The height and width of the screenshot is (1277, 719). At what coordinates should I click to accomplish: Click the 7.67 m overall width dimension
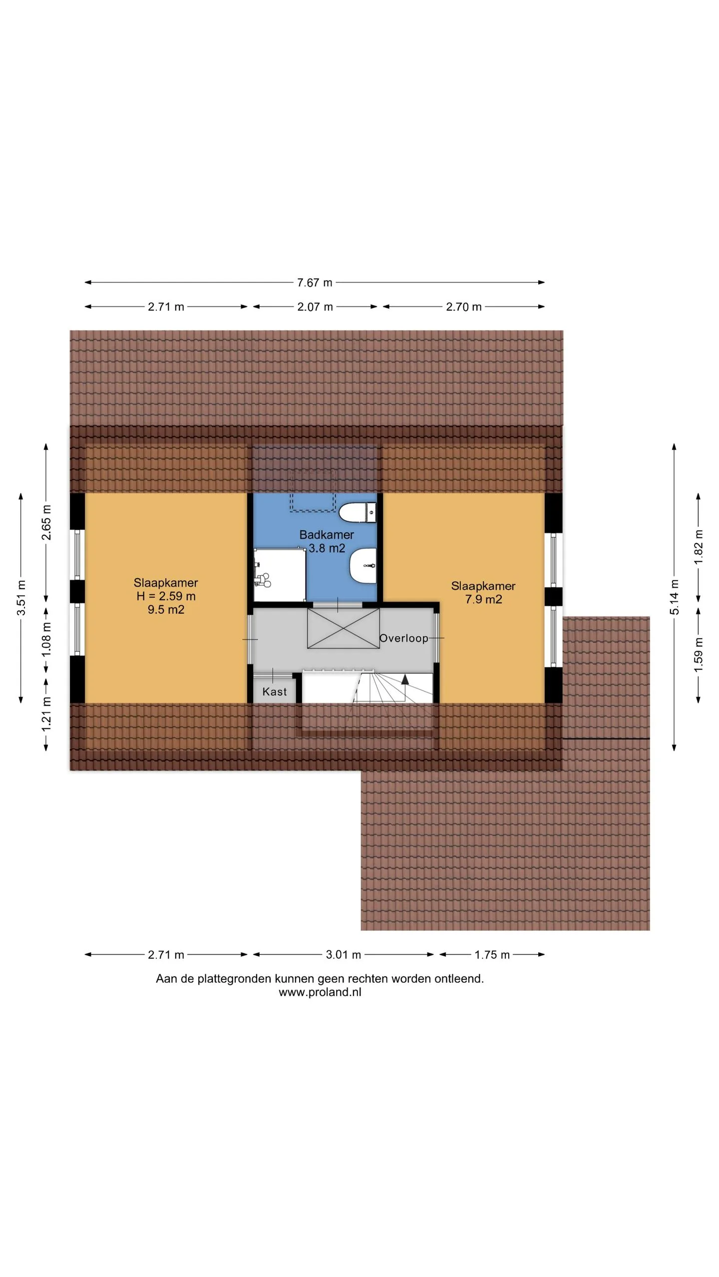click(315, 283)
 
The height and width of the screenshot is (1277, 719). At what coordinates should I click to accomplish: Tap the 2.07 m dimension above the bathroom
click(315, 307)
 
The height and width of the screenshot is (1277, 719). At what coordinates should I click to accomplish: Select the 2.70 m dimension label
click(463, 307)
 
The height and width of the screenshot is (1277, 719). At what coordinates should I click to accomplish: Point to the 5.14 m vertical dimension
click(674, 597)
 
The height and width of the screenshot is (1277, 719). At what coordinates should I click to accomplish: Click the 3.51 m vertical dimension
click(21, 598)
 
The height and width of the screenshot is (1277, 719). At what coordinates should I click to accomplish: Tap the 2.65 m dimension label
click(46, 522)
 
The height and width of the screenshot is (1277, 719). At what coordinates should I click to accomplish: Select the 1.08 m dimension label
click(46, 639)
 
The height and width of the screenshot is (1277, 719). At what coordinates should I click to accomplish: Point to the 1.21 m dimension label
click(46, 714)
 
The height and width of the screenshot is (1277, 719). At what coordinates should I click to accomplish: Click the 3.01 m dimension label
click(343, 955)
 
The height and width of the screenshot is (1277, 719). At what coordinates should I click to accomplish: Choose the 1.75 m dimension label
click(492, 955)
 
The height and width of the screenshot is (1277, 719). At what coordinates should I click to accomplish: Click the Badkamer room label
click(327, 535)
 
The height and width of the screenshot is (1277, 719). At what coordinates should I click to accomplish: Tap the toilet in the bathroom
click(358, 512)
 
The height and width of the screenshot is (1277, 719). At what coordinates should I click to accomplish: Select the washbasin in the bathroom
click(363, 566)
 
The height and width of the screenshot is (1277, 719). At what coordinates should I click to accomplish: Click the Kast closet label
click(275, 691)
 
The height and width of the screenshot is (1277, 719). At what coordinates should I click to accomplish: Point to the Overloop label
click(403, 638)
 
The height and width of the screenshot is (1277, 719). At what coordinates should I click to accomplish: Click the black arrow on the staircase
click(405, 679)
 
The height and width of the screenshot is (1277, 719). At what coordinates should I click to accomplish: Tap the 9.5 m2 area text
click(166, 610)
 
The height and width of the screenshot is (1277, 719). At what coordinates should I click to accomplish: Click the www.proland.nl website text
click(320, 992)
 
